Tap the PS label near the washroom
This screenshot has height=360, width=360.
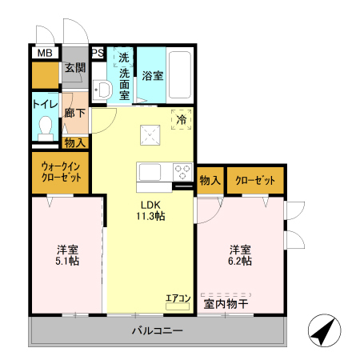(x=98, y=54)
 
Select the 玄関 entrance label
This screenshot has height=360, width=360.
(x=74, y=68)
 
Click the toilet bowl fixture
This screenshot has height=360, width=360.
(x=46, y=126)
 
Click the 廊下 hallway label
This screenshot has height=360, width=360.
(x=74, y=113)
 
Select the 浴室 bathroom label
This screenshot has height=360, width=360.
(x=153, y=77)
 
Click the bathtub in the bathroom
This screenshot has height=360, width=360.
(x=182, y=77)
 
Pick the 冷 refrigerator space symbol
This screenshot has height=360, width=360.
(x=182, y=120)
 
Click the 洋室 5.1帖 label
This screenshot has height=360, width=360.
(x=67, y=254)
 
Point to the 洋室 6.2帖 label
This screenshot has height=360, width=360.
(x=241, y=254)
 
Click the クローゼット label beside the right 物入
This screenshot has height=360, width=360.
(x=255, y=181)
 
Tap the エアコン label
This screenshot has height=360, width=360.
(x=178, y=298)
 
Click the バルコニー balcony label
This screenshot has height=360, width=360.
(x=158, y=330)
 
